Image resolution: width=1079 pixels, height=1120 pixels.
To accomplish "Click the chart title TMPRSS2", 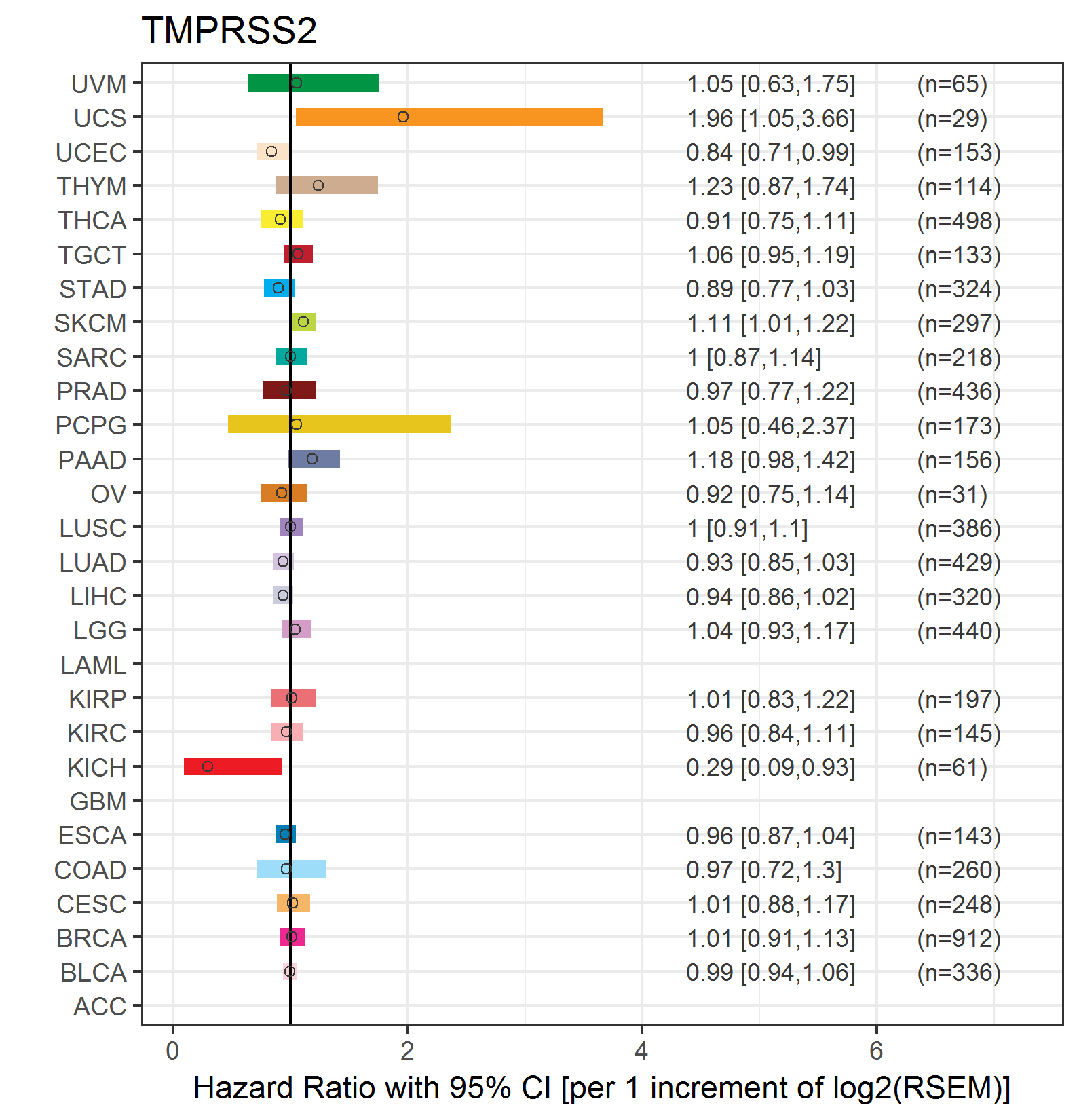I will (229, 31).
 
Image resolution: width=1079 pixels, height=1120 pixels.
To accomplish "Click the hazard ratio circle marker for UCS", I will (403, 117).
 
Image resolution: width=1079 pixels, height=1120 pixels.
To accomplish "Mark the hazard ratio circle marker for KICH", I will (208, 766).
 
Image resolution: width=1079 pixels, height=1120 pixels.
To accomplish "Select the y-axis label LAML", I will (93, 665).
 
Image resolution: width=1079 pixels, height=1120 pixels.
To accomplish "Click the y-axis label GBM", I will (98, 802).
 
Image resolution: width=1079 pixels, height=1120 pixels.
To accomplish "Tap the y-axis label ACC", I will (100, 1007).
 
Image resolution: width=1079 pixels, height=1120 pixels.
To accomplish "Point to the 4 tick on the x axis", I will (641, 1051).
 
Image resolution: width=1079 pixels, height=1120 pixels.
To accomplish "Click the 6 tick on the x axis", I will (876, 1051).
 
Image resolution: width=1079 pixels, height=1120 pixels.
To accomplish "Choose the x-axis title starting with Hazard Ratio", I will (601, 1087).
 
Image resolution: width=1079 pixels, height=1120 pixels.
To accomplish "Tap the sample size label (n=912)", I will (959, 938).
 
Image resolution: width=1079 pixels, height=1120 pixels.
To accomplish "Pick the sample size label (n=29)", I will (952, 119).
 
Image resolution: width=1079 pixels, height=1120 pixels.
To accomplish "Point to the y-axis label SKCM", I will (90, 323).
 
